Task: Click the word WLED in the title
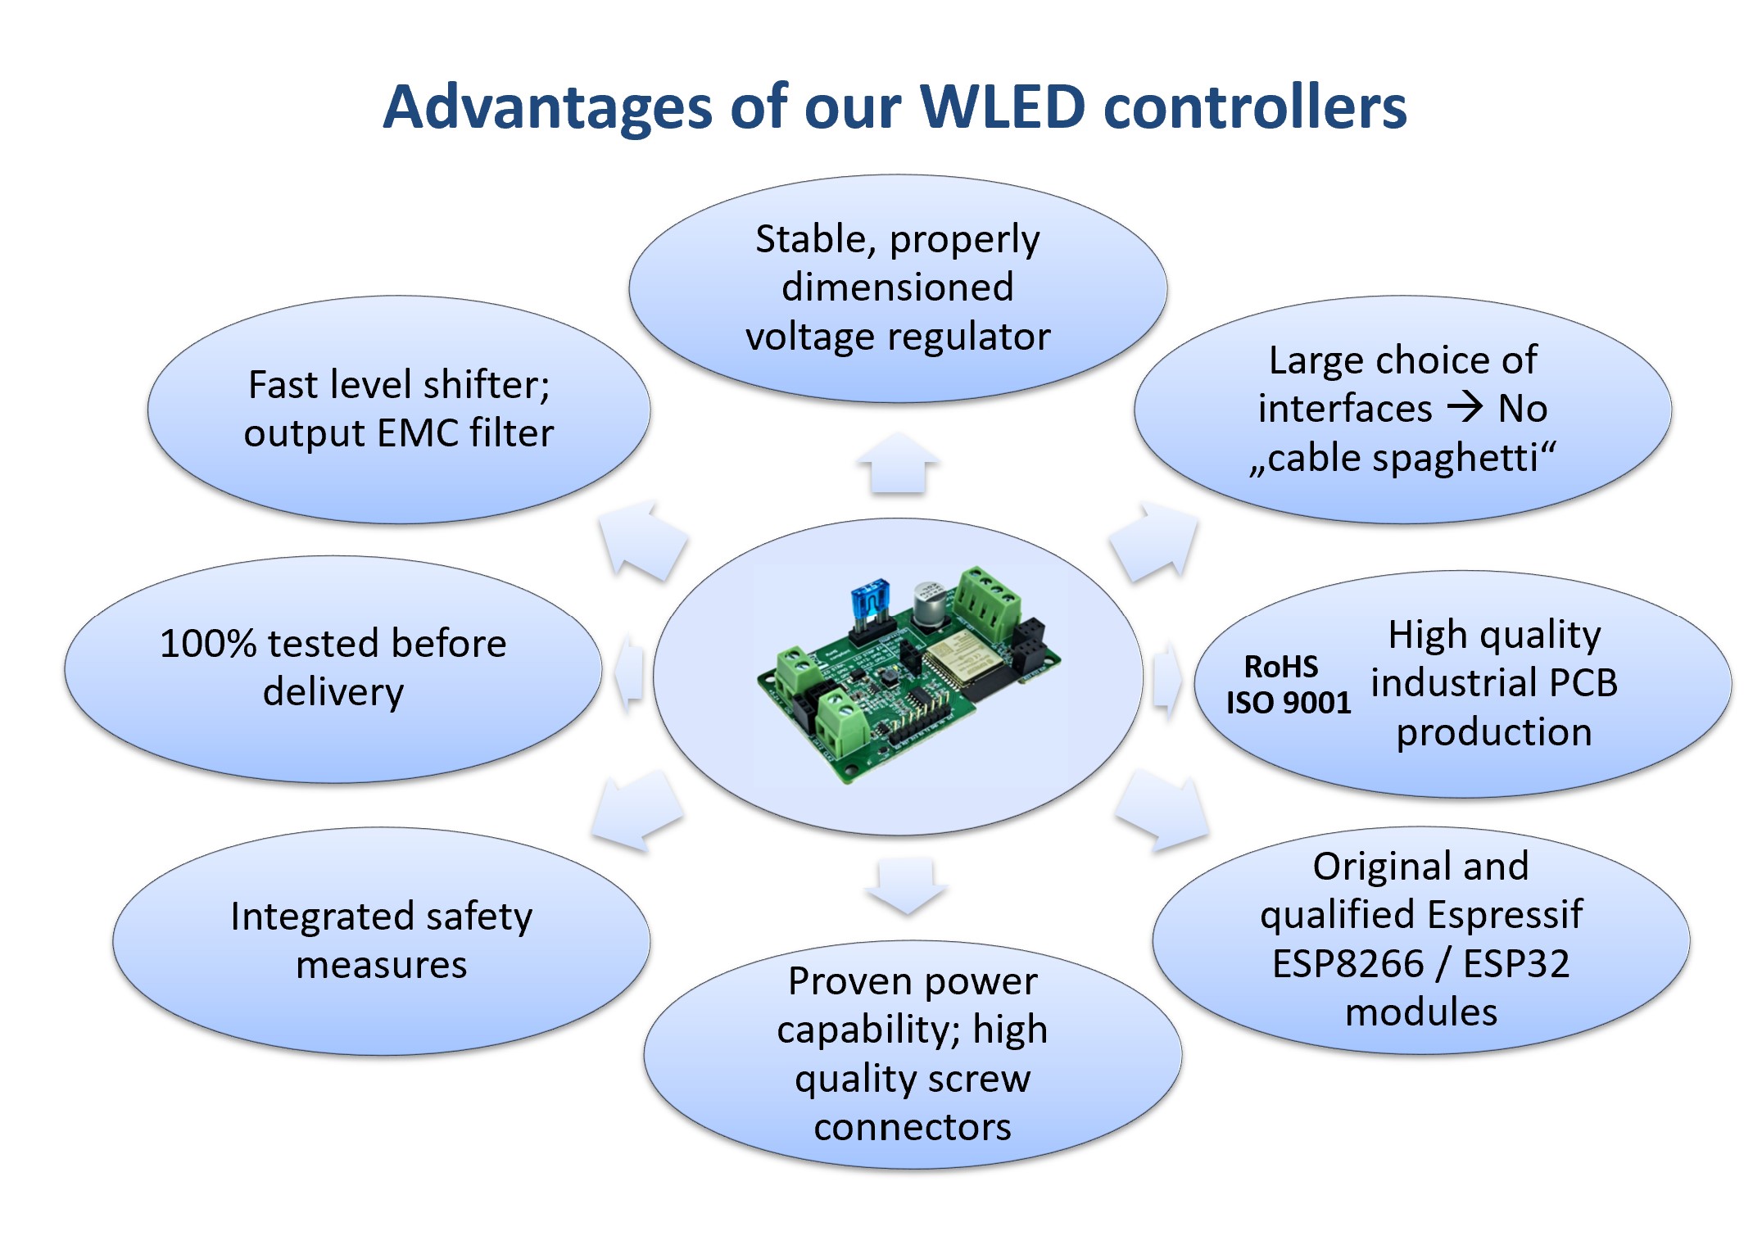1003,107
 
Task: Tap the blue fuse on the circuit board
870,603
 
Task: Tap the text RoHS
1280,667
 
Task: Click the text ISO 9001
1288,703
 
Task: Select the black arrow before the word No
1465,407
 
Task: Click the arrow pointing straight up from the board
899,463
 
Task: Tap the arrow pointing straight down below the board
905,885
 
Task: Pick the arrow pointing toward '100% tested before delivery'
629,672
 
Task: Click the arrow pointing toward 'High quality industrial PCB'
1166,680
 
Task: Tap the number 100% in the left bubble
208,644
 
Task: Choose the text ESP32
1516,963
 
